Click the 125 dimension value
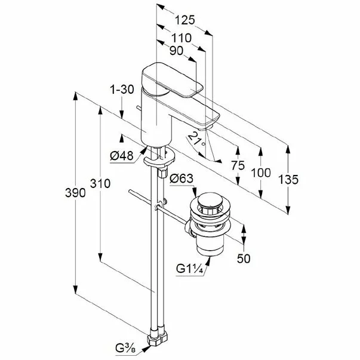pyautogui.click(x=185, y=20)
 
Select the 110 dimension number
pyautogui.click(x=181, y=38)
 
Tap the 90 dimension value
pyautogui.click(x=176, y=51)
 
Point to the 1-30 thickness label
pyautogui.click(x=122, y=90)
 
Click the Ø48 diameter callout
pyautogui.click(x=122, y=156)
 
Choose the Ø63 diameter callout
pyautogui.click(x=181, y=179)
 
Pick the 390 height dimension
pyautogui.click(x=75, y=192)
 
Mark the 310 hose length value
pyautogui.click(x=100, y=183)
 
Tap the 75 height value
pyautogui.click(x=238, y=165)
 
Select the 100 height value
pyautogui.click(x=261, y=173)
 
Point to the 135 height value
pyautogui.click(x=288, y=179)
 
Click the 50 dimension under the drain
pyautogui.click(x=244, y=259)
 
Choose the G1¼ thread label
pyautogui.click(x=190, y=269)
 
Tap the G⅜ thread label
pyautogui.click(x=125, y=349)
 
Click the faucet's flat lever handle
pyautogui.click(x=173, y=80)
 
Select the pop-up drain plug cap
pyautogui.click(x=210, y=200)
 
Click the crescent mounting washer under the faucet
pyautogui.click(x=159, y=158)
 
